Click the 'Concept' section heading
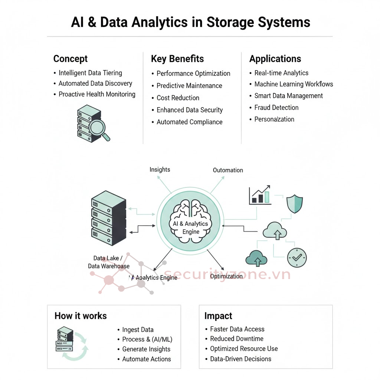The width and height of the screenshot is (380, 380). pos(71,59)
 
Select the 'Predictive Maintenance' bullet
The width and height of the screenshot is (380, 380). pos(189,86)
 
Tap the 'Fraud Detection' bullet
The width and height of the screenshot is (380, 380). pos(276,108)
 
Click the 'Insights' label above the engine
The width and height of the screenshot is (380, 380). pos(160,170)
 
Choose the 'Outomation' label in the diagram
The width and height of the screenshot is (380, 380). pos(228,170)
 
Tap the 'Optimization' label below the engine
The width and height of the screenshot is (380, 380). pos(226,276)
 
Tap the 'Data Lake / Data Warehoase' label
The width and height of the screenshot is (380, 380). pos(108,262)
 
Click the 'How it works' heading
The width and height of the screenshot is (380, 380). pos(81,316)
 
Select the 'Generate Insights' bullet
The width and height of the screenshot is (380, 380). pos(146,349)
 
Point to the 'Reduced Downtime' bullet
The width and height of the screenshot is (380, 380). pos(237,339)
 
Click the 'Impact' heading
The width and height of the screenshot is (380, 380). pos(218,316)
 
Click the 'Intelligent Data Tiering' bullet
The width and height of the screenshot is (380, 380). pos(90,73)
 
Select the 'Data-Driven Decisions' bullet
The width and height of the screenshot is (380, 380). pos(240,359)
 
